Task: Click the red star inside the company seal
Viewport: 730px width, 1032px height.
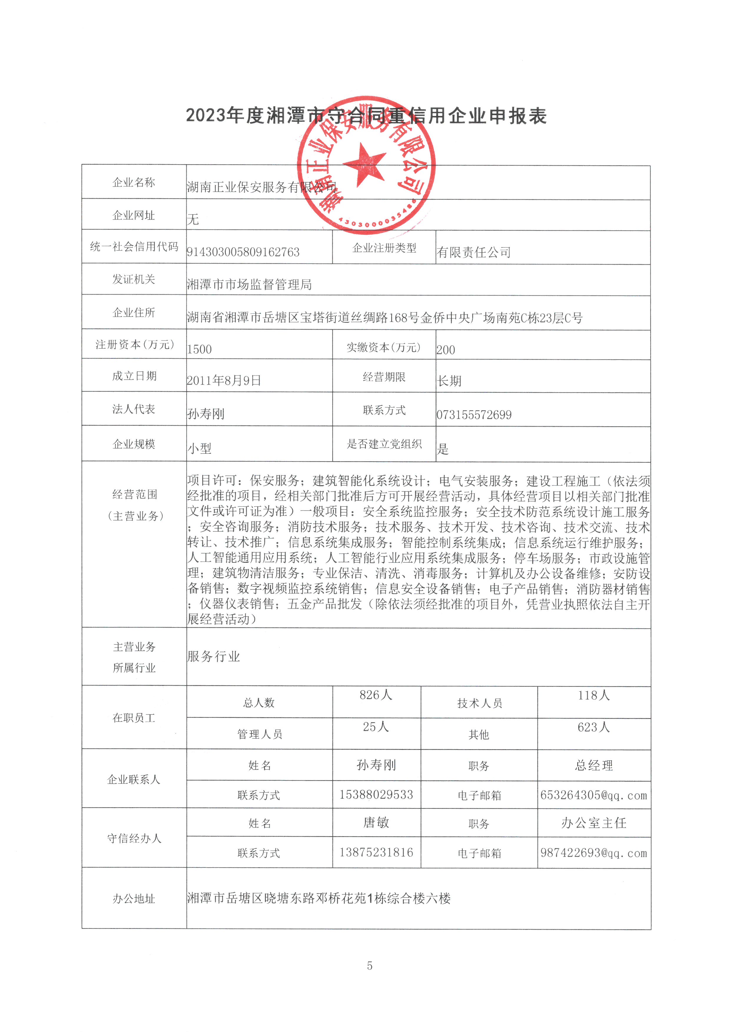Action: tap(364, 164)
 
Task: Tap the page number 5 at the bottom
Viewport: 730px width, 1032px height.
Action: tap(369, 965)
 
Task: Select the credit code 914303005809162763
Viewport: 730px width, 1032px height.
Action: tap(243, 252)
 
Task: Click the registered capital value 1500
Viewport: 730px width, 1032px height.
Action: tap(199, 349)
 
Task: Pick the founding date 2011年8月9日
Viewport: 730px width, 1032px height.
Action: tap(224, 381)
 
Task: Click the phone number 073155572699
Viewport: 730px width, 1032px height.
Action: tap(474, 414)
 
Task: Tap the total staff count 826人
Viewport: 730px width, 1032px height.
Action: tap(376, 695)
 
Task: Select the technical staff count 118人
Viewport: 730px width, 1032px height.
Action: tap(594, 695)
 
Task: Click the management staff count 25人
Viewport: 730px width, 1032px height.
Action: tap(376, 727)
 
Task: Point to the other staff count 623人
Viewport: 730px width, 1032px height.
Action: tap(594, 727)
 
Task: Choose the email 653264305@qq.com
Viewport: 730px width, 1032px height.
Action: tap(594, 795)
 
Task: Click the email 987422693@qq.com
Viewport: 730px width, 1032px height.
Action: tap(594, 853)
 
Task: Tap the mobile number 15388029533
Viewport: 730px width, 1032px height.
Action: tap(376, 795)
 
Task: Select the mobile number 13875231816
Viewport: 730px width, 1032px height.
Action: tap(376, 852)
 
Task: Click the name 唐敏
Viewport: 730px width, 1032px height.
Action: tap(376, 822)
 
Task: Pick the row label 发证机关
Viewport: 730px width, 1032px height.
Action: tap(134, 279)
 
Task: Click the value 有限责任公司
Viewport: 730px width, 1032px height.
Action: tap(473, 252)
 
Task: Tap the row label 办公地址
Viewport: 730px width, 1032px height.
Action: tap(134, 898)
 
